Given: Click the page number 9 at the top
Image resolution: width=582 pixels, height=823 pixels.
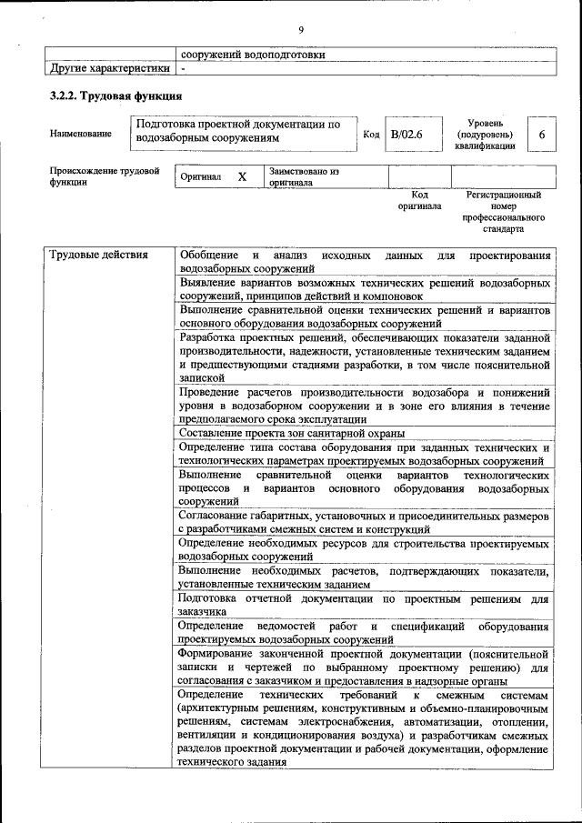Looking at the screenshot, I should click(300, 30).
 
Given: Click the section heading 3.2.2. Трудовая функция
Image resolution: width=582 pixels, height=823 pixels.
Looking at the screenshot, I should click(115, 95).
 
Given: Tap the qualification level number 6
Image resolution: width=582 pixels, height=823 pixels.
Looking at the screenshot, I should click(541, 135).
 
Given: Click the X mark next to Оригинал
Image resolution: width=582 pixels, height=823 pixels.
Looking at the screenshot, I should click(242, 176).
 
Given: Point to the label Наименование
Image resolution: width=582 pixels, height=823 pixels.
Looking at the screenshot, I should click(81, 135).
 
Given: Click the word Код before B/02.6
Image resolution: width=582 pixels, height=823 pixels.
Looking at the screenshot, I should click(371, 135).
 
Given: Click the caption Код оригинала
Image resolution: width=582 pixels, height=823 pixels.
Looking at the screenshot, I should click(419, 200).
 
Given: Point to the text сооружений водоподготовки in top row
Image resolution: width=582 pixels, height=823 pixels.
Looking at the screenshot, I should click(252, 55).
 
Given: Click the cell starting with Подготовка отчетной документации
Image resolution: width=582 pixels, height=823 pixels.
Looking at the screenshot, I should click(364, 606).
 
